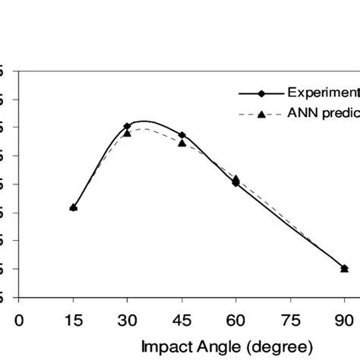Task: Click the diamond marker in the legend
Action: click(261, 94)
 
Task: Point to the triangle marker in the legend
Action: click(261, 115)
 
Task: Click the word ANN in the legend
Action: click(301, 115)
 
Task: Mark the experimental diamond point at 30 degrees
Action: click(128, 126)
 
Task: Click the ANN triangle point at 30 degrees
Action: click(128, 133)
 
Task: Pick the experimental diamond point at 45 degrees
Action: click(182, 135)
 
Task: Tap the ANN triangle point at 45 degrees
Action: click(182, 143)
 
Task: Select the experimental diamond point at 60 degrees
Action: click(235, 182)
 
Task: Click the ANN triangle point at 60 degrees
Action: click(235, 178)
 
